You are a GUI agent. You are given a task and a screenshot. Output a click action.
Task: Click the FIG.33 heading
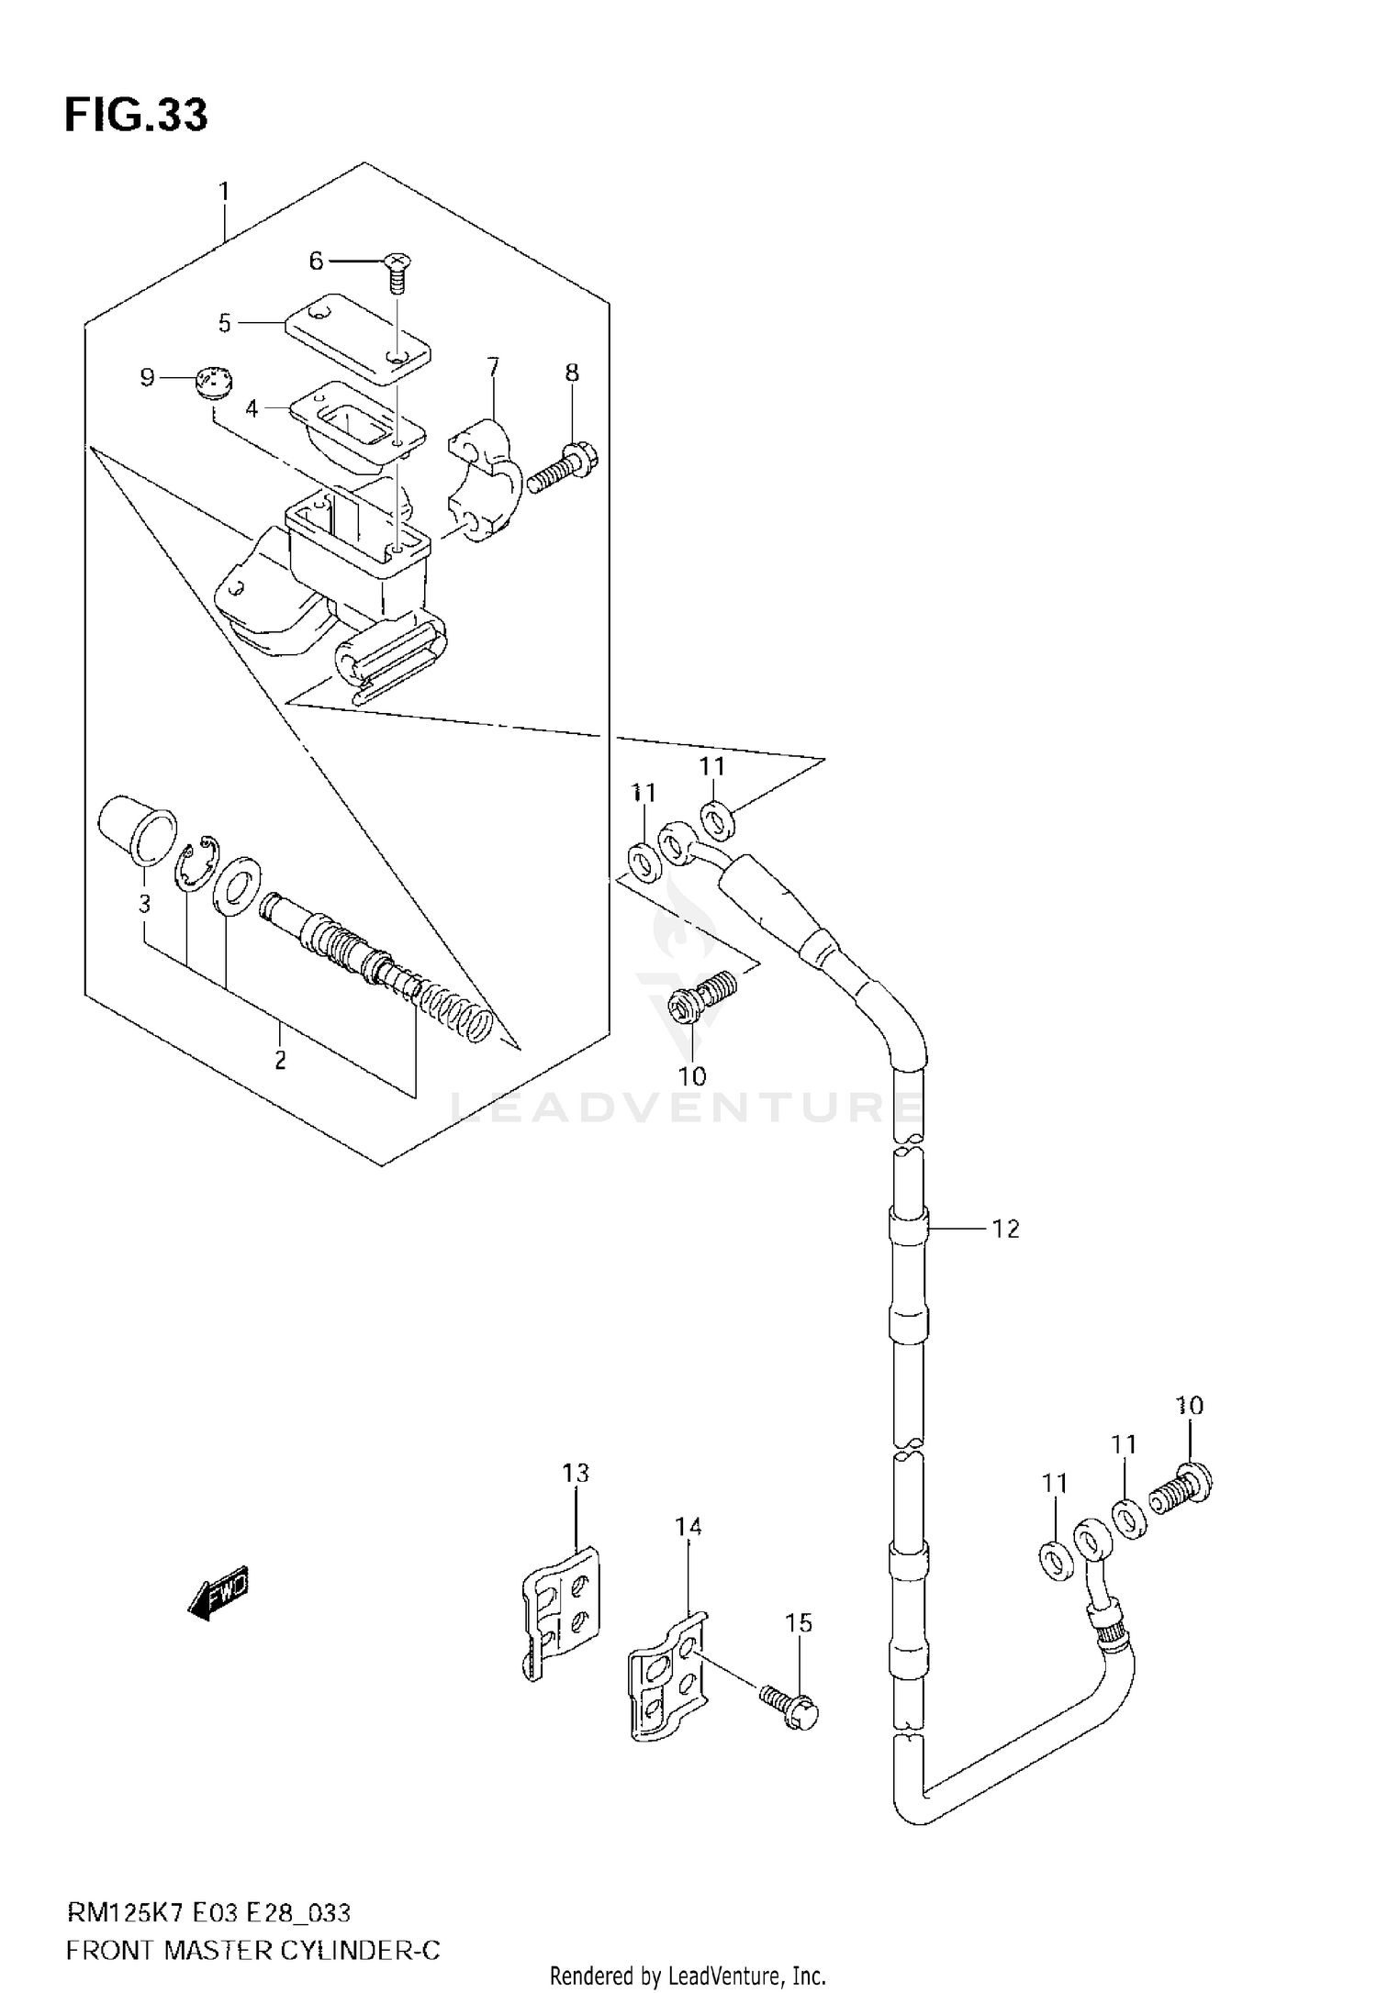[136, 117]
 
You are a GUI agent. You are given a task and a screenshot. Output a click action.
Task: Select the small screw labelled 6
[396, 271]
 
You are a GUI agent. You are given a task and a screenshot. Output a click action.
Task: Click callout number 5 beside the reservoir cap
[225, 323]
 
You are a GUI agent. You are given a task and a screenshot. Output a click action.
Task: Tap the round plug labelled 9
[214, 381]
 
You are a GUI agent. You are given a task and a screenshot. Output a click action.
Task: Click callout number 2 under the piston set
[280, 1061]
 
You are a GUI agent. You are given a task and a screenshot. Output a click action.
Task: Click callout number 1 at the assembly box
[223, 193]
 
